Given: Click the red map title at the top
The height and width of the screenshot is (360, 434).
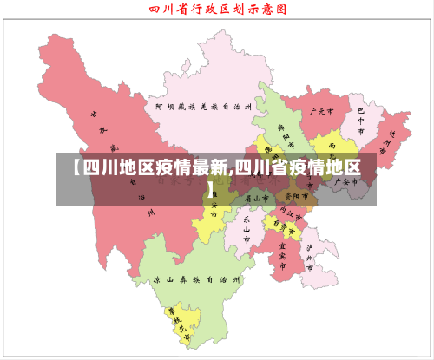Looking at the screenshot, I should pos(217,10).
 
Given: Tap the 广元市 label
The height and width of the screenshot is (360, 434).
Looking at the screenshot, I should pos(321,112).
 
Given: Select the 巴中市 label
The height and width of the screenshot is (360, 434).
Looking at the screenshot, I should pos(360,116).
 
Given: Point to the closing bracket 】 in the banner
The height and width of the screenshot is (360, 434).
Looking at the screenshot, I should pos(212,187).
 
